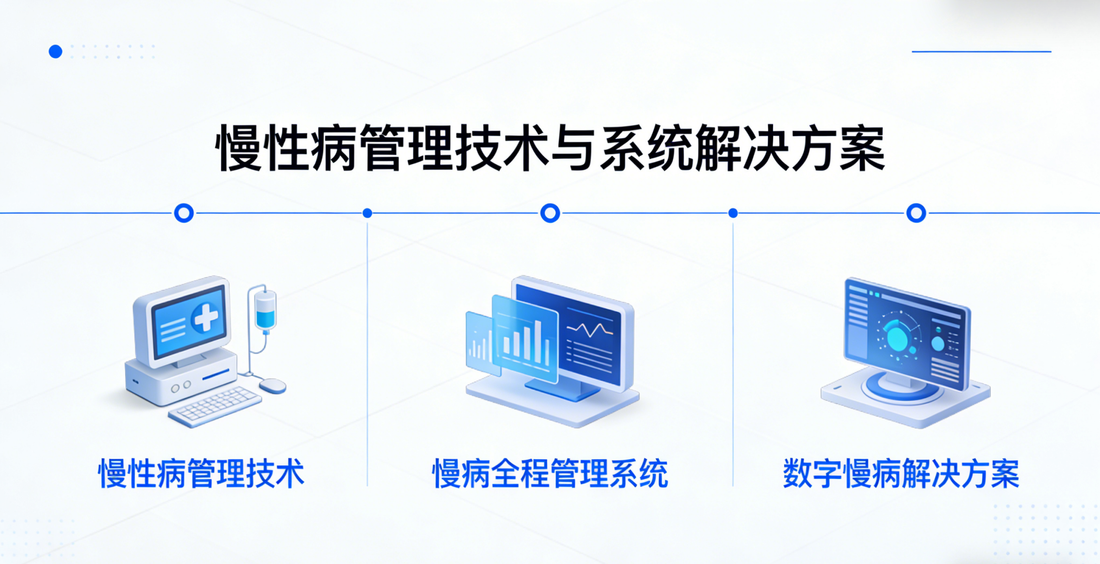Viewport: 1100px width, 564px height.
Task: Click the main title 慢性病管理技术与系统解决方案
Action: click(x=550, y=148)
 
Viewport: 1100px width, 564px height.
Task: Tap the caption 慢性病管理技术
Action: click(x=201, y=473)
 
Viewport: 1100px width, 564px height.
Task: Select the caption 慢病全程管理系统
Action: click(x=550, y=473)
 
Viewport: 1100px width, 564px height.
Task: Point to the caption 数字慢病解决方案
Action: click(x=901, y=473)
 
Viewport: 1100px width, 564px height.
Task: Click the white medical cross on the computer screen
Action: click(x=206, y=317)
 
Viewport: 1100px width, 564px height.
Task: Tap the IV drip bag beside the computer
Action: click(x=265, y=310)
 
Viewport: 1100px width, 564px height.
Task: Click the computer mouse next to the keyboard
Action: click(x=273, y=386)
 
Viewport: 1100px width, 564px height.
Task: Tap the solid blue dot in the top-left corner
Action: click(x=55, y=51)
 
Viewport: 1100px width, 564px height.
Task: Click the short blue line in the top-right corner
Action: click(x=981, y=51)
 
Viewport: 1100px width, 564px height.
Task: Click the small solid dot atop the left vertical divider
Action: click(x=367, y=213)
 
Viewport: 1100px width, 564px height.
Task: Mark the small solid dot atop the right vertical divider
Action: click(x=733, y=213)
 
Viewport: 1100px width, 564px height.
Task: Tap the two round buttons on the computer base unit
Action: click(x=181, y=386)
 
